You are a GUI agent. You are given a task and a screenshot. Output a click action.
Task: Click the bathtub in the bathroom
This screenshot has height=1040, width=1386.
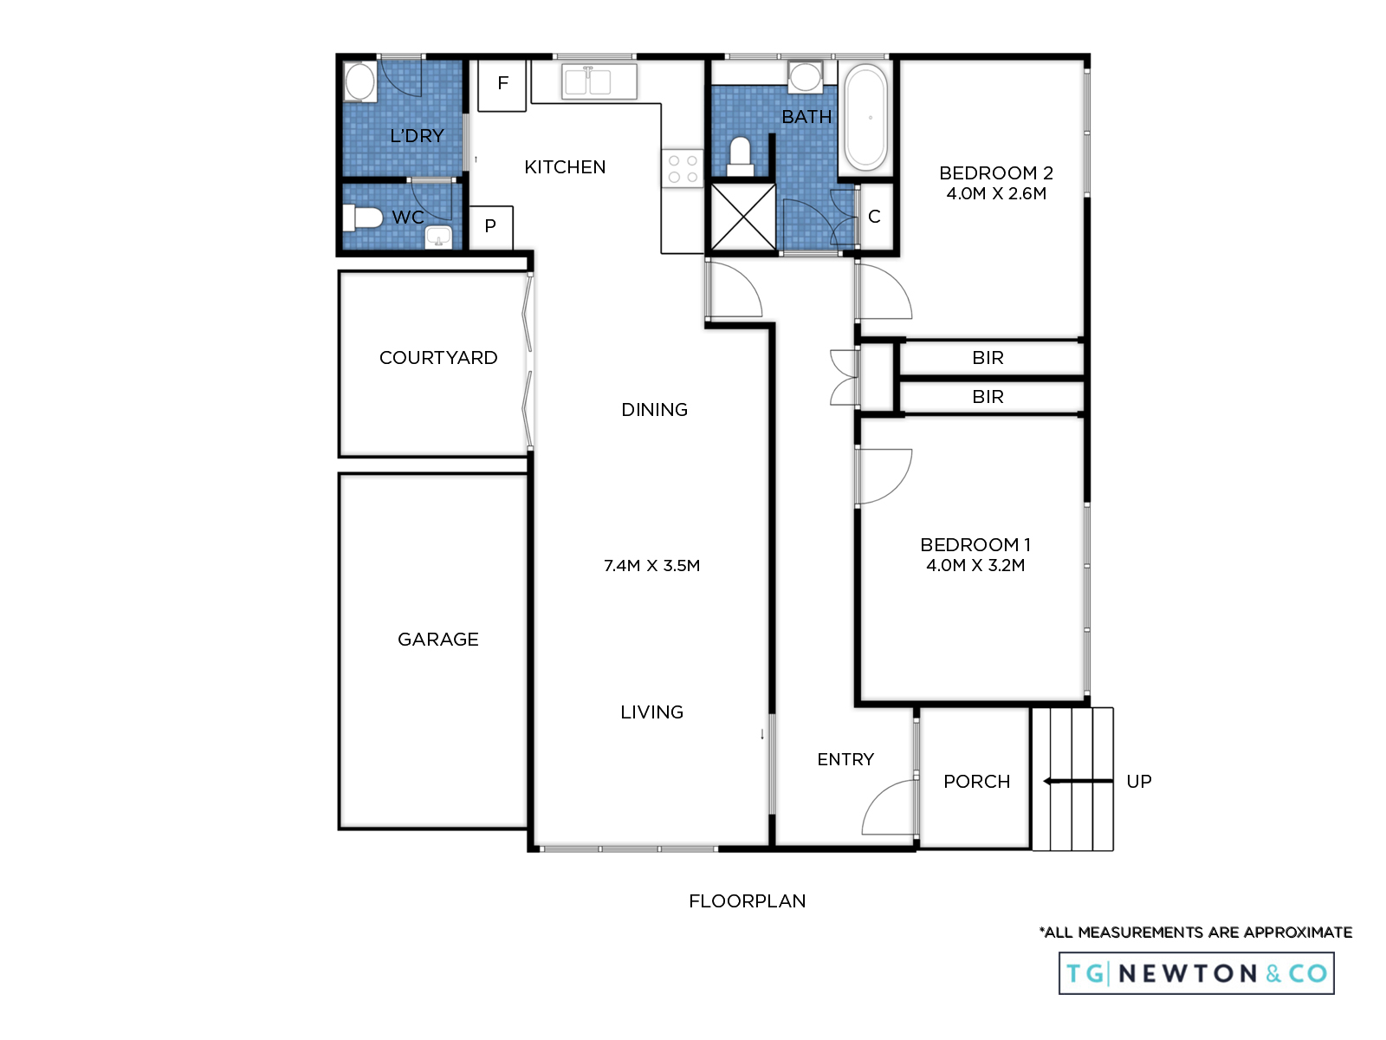point(865,118)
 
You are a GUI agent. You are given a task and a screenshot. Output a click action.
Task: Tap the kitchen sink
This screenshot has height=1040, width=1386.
point(599,81)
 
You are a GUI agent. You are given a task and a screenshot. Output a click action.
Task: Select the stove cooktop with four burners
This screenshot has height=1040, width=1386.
point(683,169)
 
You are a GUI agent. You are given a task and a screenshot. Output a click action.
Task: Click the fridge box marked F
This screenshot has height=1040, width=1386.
point(502,85)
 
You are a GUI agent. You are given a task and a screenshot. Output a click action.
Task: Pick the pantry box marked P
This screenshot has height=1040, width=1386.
point(490,227)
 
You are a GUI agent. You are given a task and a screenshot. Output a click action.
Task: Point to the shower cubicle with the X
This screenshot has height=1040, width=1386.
point(743,217)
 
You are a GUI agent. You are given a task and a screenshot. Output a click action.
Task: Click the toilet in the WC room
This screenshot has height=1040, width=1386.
point(362,218)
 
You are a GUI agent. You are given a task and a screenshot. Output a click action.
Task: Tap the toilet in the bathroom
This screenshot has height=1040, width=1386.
point(740,157)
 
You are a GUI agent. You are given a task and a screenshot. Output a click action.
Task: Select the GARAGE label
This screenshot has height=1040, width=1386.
point(437,639)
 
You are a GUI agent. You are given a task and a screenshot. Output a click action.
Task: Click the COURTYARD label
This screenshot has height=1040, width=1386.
point(438,357)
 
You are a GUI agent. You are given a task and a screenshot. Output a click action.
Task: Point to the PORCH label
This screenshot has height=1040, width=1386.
point(976,781)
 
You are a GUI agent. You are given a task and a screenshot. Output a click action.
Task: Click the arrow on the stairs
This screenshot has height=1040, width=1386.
point(1078,781)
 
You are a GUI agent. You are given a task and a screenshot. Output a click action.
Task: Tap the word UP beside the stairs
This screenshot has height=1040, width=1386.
point(1139,781)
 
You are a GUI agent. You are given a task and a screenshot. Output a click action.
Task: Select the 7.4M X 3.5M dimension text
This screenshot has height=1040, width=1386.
point(651,565)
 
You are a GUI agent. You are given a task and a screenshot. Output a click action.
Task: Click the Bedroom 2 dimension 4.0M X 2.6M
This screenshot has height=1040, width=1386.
point(996,193)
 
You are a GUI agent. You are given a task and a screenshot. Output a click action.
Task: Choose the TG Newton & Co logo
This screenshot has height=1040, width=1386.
point(1196,973)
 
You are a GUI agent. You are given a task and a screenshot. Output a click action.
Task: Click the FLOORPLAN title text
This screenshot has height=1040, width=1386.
point(747,901)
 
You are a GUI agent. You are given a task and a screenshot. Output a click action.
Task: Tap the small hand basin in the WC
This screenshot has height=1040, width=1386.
point(438,237)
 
